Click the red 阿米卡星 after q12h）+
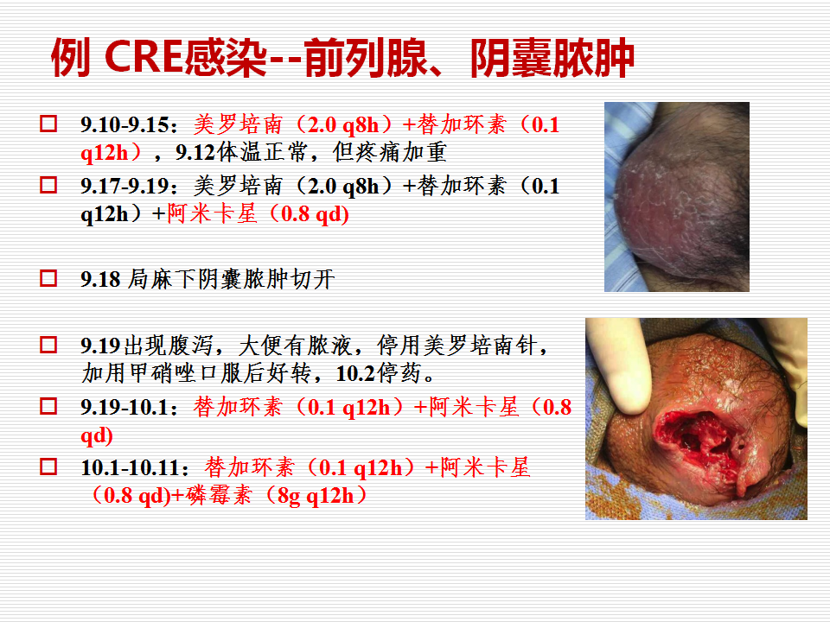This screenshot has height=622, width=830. pyautogui.click(x=213, y=213)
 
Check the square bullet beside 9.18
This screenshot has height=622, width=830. pyautogui.click(x=48, y=278)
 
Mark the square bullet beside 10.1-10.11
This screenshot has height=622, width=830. pyautogui.click(x=48, y=466)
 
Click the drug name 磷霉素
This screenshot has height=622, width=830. pyautogui.click(x=218, y=496)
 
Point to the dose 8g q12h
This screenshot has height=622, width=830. pyautogui.click(x=316, y=496)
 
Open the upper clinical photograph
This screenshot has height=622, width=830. pyautogui.click(x=676, y=197)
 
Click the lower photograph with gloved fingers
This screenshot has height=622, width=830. pyautogui.click(x=696, y=418)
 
